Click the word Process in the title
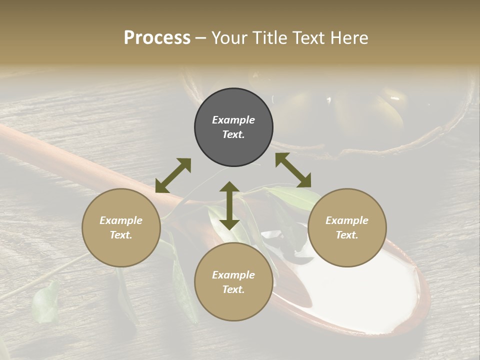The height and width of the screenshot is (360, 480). coord(157,38)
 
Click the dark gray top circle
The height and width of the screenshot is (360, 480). coord(233,127)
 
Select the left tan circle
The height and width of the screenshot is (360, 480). coord(121,227)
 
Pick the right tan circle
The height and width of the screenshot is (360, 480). coord(347,227)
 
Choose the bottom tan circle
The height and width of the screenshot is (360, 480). coord(233,282)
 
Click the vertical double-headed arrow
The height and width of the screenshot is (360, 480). coord(229,205)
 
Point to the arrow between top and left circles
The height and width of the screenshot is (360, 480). coord(173,175)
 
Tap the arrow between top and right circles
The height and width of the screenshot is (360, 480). coord(293,170)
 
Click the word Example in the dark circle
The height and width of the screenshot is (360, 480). coord(233,120)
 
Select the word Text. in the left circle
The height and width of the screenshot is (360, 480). coord(121,235)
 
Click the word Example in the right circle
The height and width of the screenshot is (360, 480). coord(347,220)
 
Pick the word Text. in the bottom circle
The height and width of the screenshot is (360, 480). coord(233,289)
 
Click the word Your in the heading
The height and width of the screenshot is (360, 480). coord(228,38)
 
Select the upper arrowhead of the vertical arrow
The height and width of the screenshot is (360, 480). coord(229,187)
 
